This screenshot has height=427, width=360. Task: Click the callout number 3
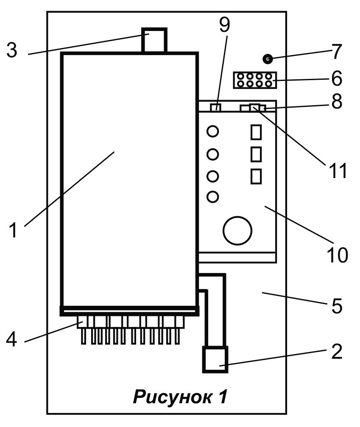12,50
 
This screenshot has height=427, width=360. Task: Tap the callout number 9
225,25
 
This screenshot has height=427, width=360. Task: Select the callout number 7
337,51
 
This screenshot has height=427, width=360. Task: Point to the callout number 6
337,78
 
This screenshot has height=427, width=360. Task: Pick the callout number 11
338,170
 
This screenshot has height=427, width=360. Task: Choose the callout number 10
338,255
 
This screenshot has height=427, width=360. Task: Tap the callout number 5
337,306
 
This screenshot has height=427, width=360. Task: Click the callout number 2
337,351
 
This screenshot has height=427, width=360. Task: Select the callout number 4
11,340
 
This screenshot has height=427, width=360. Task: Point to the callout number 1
13,230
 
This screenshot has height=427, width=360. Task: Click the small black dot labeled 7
268,59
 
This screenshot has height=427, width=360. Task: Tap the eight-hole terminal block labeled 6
255,80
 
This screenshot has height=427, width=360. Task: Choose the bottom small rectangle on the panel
256,176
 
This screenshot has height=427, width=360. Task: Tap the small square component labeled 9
215,107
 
